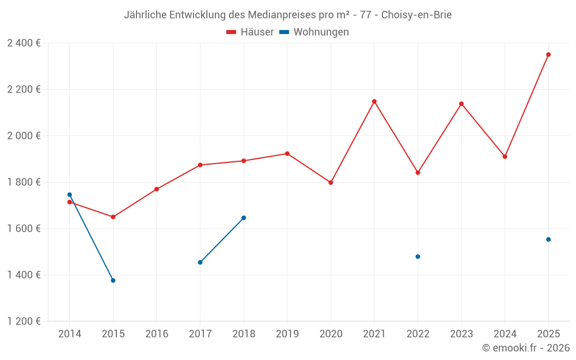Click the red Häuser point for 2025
coord(548,55)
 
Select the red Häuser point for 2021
coord(374,101)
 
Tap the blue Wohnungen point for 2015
coord(113,281)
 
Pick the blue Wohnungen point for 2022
coord(418,256)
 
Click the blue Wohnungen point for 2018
coord(244,218)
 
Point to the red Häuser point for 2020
coord(331,183)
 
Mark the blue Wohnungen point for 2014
coord(69,195)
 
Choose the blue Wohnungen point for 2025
coord(548,240)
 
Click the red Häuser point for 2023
coord(461,104)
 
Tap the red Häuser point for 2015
coord(113,217)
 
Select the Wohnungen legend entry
coord(314,32)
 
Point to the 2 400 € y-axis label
coord(24,43)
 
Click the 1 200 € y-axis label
coord(24,321)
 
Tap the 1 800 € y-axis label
coord(24,182)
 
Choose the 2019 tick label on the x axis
coord(287,334)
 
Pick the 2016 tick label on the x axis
coord(157,334)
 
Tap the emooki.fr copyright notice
coord(525,348)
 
